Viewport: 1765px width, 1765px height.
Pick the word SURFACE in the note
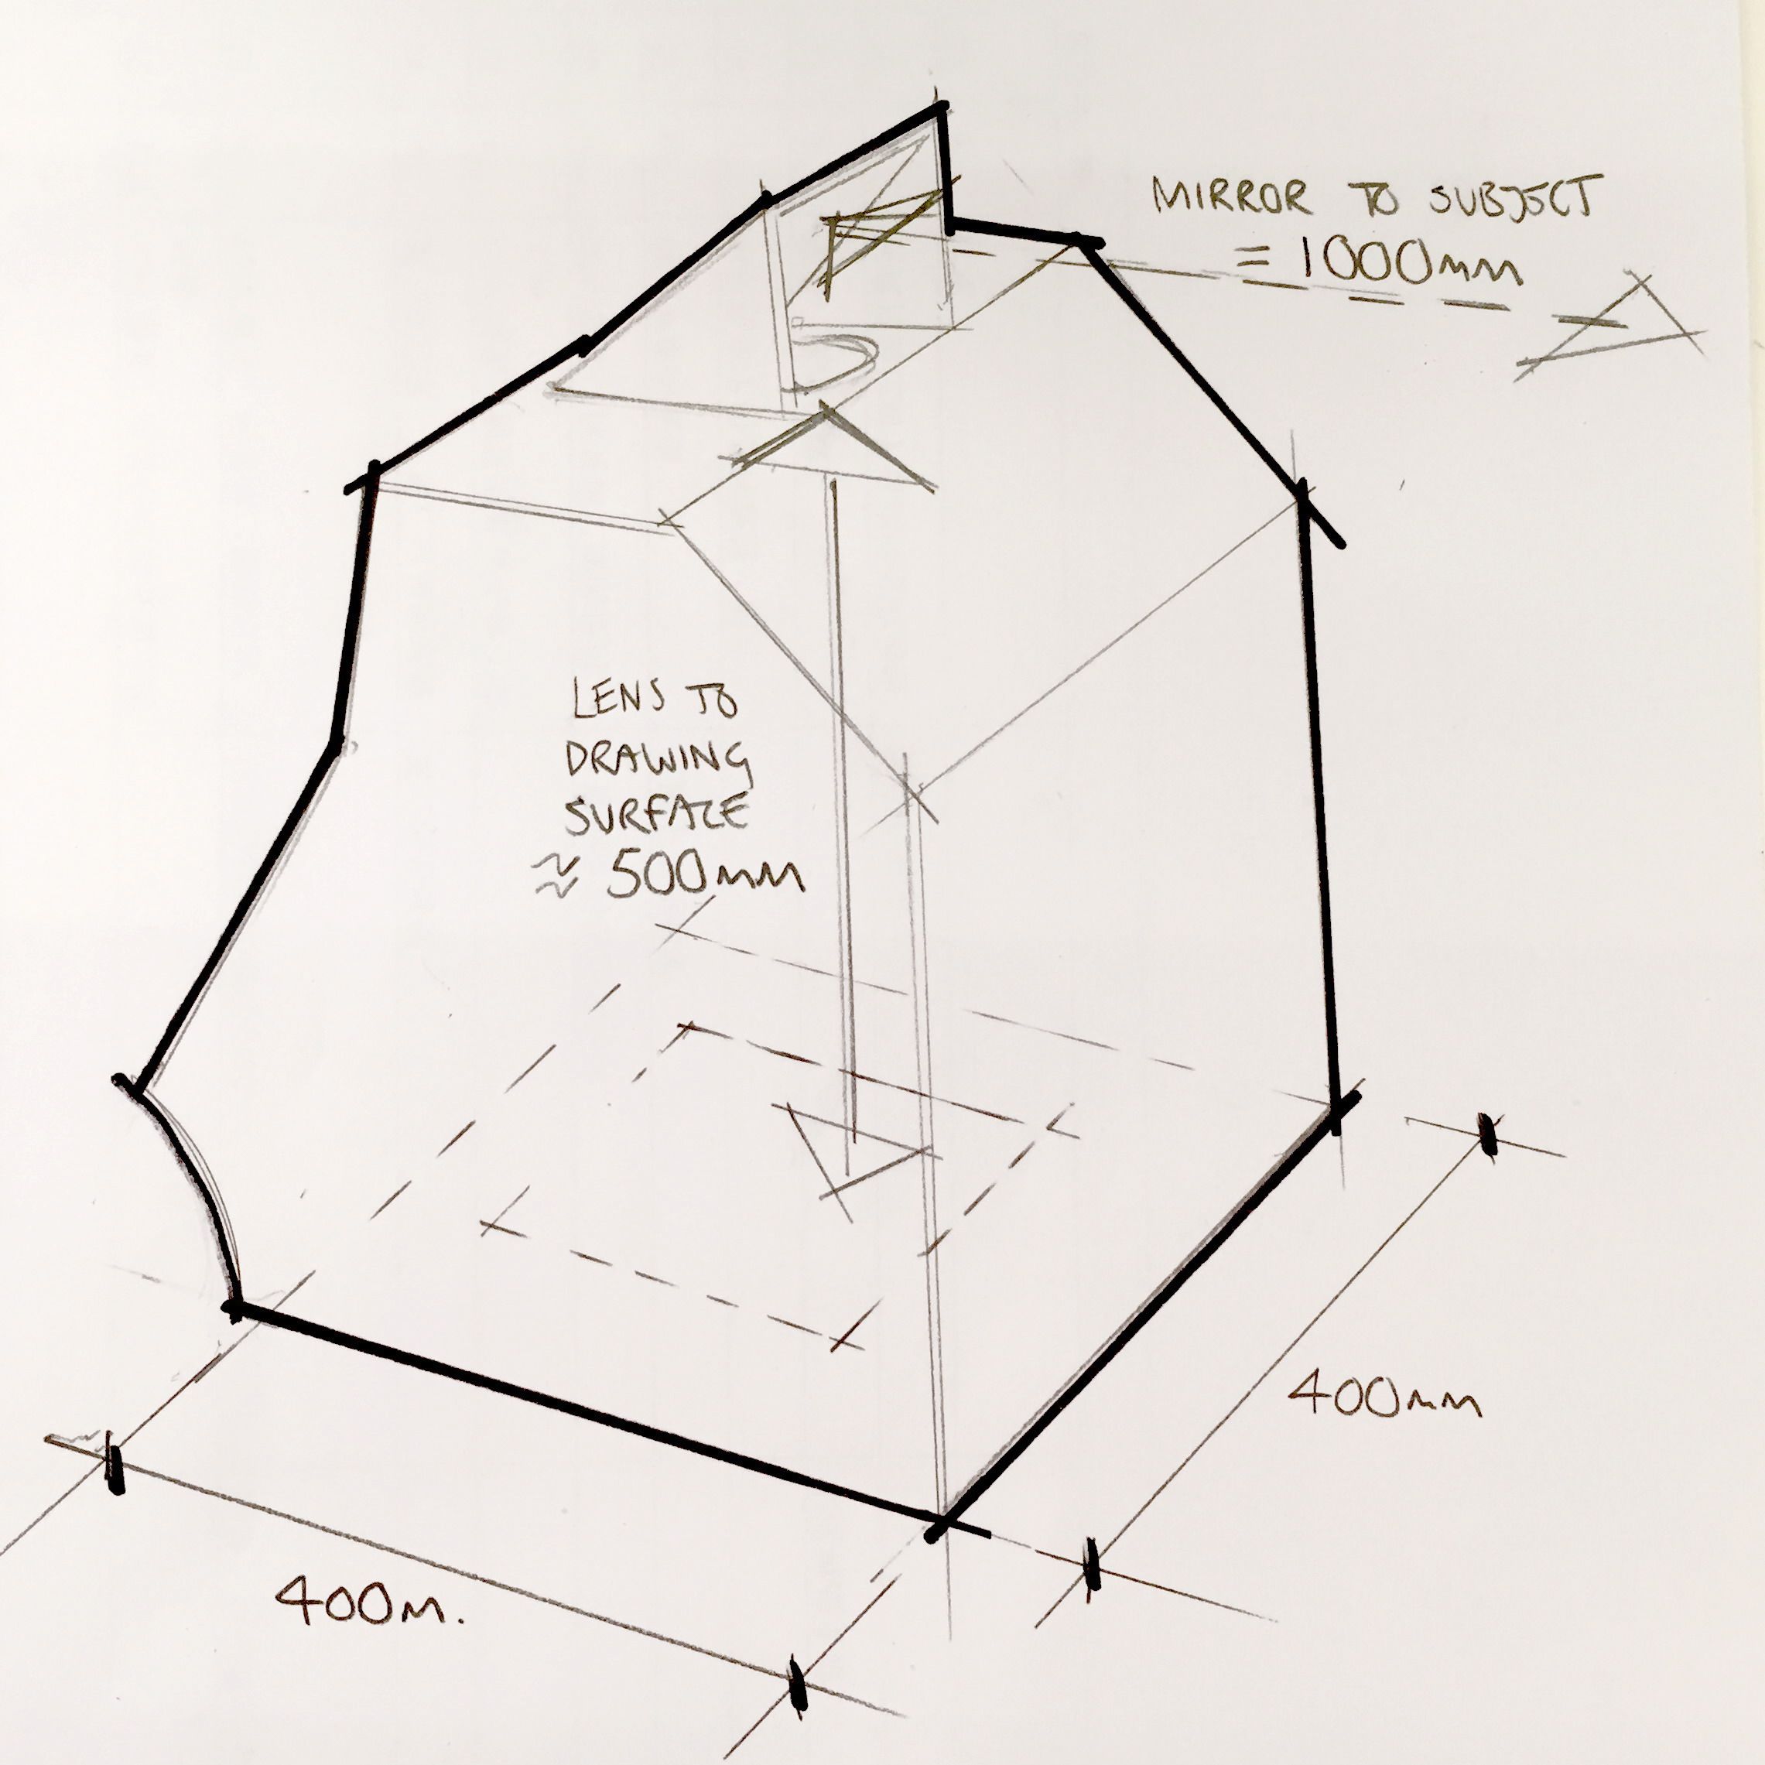[656, 813]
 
